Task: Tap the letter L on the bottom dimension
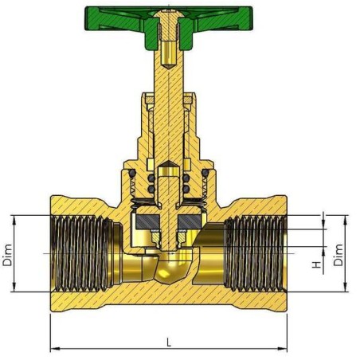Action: coord(169,342)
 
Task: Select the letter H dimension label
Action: coord(315,264)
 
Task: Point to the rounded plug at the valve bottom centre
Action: coord(170,267)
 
